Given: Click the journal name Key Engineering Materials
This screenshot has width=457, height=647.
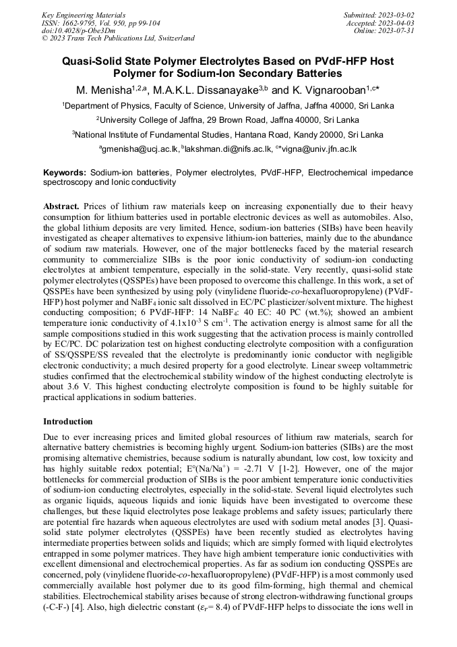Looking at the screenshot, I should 84,14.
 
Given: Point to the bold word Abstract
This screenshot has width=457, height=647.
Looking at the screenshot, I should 62,205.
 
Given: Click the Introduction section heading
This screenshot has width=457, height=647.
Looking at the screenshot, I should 68,422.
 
